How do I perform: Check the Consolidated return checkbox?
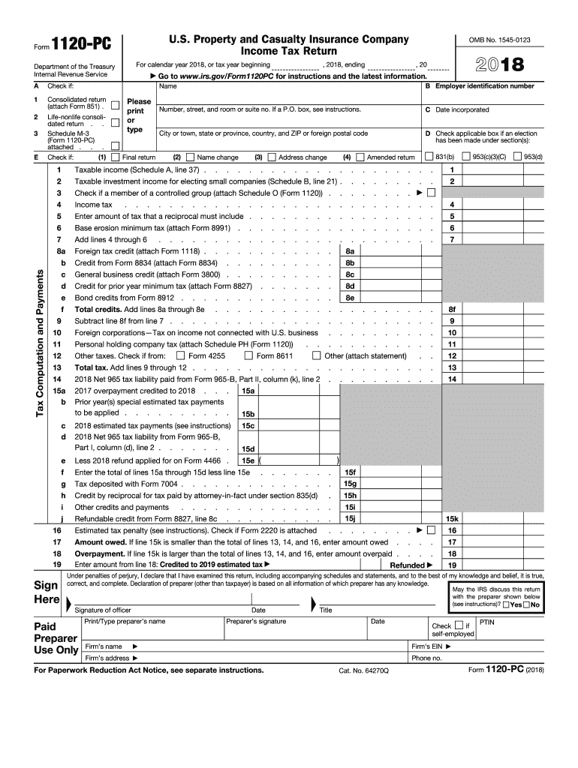point(115,103)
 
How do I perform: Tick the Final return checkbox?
point(115,157)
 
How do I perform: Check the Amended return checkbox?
point(360,157)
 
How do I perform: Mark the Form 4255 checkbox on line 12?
point(179,355)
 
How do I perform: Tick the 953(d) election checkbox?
point(518,157)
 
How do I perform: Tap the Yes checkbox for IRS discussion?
point(507,604)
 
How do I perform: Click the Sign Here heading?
point(47,593)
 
